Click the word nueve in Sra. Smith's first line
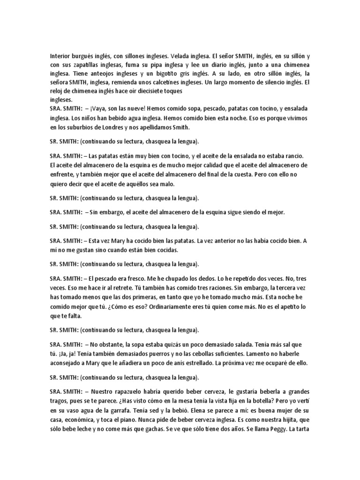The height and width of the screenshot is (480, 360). (127, 109)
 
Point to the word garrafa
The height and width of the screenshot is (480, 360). (124, 409)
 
